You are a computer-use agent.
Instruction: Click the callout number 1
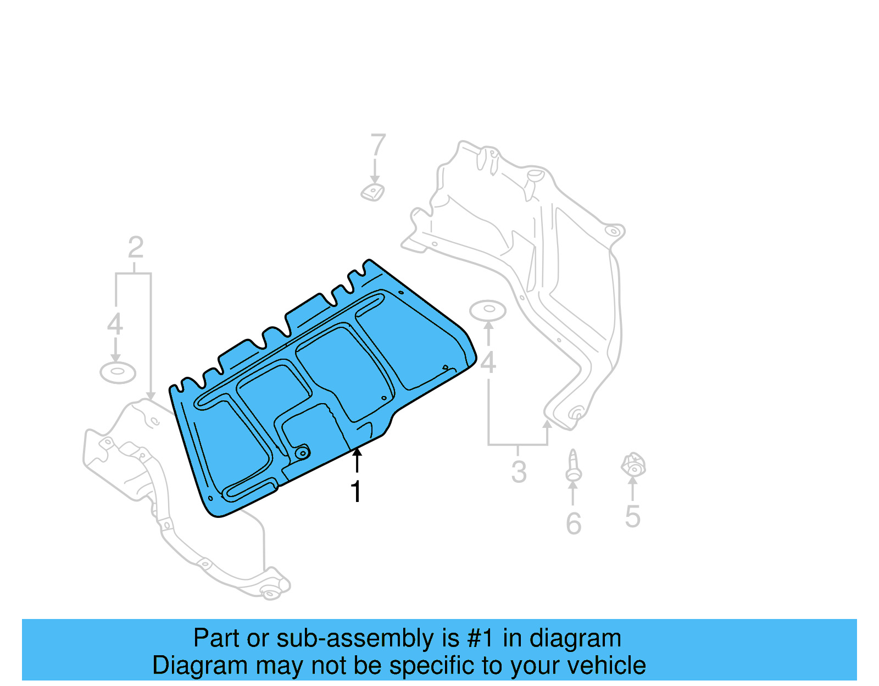coord(356,491)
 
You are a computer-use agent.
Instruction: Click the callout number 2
coord(135,248)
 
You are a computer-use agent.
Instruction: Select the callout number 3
coord(519,472)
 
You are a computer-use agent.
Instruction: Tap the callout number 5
coord(632,516)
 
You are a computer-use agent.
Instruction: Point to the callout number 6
coord(574,523)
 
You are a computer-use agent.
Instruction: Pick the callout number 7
coord(378,146)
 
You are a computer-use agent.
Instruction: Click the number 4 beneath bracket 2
coord(115,324)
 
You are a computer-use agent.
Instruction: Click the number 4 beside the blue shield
coord(488,363)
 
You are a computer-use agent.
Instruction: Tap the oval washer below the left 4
coord(118,372)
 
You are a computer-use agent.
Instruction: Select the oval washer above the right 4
coord(488,310)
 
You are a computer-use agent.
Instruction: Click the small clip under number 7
coord(372,192)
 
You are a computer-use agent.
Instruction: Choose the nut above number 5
coord(633,466)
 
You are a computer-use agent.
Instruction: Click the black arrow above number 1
coord(357,460)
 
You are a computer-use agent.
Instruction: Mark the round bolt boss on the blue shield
coord(302,453)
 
